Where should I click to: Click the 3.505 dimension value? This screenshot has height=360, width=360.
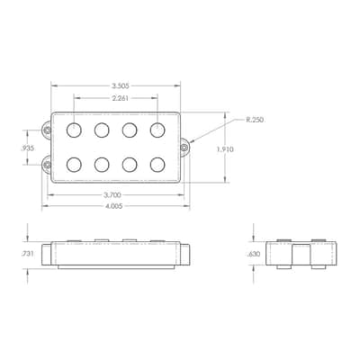coord(121,86)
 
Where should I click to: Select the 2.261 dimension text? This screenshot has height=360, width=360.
coord(121,98)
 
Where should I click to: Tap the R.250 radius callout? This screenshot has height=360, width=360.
coord(255,120)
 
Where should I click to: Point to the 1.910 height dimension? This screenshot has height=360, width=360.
coord(225,149)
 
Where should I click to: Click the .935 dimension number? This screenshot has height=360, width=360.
coord(28,148)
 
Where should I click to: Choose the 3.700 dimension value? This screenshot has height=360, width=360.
coord(112,195)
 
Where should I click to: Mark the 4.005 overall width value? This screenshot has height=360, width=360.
coord(113,206)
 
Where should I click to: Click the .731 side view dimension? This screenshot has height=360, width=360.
coord(27,254)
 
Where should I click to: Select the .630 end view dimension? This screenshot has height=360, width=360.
coord(254,254)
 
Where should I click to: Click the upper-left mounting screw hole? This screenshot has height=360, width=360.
coord(47,130)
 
